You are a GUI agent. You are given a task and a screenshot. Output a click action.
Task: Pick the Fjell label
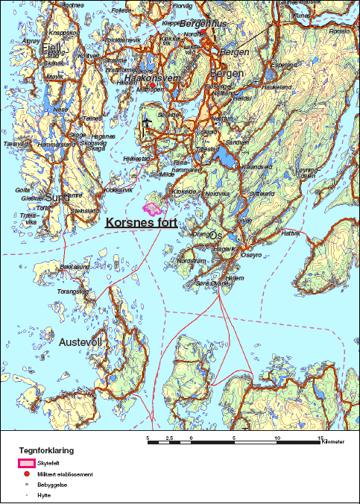click(51, 49)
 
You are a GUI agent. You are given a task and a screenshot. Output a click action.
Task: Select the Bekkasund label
click(75, 266)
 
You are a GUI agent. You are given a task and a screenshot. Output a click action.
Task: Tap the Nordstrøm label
click(192, 261)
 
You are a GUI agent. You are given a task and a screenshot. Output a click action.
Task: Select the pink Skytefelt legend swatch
click(27, 463)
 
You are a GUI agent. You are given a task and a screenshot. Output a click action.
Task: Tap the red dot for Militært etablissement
click(26, 474)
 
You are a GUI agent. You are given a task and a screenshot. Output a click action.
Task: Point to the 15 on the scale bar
click(321, 438)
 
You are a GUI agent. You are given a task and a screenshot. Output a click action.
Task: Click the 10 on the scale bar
click(277, 438)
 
